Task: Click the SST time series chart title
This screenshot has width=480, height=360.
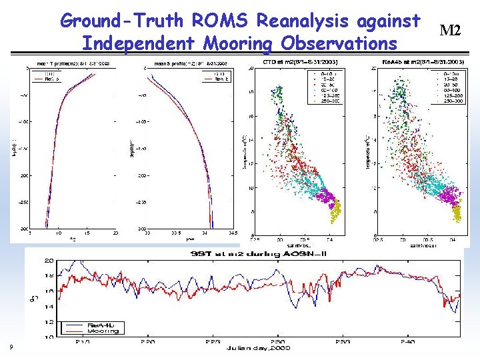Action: pyautogui.click(x=244, y=254)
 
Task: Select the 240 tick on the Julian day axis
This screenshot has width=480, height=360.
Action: pyautogui.click(x=406, y=340)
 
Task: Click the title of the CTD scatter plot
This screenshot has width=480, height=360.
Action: pyautogui.click(x=295, y=62)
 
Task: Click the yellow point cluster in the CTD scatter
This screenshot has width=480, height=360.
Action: pyautogui.click(x=335, y=215)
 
